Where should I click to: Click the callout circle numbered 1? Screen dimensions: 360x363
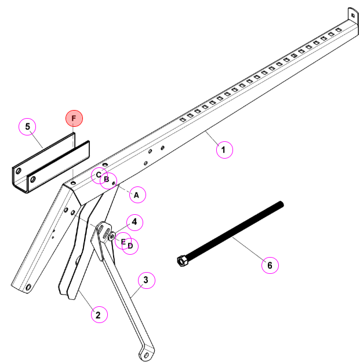(224, 150)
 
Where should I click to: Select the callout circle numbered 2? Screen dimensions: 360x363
(99, 314)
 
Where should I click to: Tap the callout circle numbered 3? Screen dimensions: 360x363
(147, 280)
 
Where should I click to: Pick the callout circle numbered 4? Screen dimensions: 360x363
(134, 222)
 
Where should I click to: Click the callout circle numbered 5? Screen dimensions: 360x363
(27, 126)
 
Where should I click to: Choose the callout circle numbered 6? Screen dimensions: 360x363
(270, 265)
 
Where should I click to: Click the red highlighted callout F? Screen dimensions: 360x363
(74, 118)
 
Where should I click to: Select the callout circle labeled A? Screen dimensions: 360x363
(137, 195)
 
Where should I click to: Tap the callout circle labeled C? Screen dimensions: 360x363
(99, 175)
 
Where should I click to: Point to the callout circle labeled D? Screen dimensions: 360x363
(130, 246)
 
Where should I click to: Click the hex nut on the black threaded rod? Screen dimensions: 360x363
(183, 261)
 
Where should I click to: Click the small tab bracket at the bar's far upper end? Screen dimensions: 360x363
(353, 15)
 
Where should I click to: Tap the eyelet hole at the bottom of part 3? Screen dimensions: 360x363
(146, 355)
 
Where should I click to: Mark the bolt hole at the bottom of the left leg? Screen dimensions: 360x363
(28, 287)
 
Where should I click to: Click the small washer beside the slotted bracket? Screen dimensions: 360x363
(112, 236)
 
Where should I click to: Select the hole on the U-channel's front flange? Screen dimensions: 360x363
(33, 179)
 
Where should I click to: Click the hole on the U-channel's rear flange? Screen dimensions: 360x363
(18, 171)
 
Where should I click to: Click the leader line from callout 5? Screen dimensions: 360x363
(37, 140)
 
